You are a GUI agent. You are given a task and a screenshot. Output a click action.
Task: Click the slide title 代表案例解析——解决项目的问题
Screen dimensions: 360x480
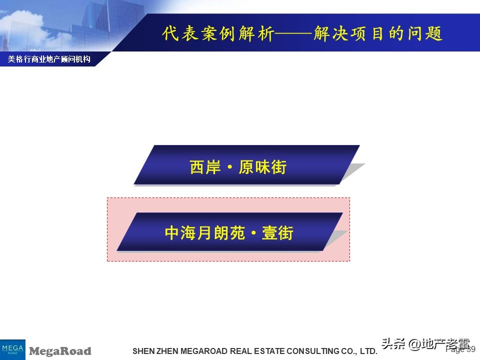302,34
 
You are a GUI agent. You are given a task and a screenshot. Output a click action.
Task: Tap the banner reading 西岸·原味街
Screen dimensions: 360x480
246,165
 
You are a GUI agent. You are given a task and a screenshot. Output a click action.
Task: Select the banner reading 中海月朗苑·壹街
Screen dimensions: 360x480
229,232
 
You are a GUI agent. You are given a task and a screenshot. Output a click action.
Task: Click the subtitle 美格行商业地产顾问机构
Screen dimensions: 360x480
49,59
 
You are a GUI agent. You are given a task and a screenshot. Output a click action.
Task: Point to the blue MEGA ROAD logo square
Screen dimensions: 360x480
12,349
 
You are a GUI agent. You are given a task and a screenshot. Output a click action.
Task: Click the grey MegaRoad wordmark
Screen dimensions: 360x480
60,351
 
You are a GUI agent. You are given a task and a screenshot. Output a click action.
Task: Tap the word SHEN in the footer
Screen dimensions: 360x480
140,351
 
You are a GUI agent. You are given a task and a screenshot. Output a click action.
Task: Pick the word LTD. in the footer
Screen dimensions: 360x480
368,351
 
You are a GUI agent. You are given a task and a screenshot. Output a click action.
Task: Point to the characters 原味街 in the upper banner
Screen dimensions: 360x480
262,166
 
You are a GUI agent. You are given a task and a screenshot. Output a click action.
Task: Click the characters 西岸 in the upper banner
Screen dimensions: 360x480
204,166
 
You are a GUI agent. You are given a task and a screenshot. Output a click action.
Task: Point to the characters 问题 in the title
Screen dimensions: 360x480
427,34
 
